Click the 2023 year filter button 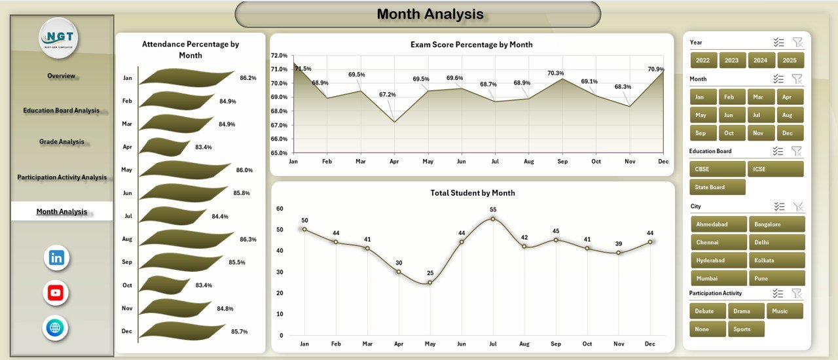point(732,60)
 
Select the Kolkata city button point(776,260)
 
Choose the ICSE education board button point(775,169)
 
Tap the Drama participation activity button point(746,311)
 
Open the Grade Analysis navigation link point(62,142)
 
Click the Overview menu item point(62,76)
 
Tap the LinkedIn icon point(56,258)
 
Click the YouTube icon point(56,293)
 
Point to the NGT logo point(59,38)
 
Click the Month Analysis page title point(430,14)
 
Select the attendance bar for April point(164,147)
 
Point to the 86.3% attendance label point(248,240)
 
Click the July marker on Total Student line point(493,219)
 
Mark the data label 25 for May point(430,272)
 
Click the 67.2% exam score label point(388,94)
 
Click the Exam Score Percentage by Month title point(471,45)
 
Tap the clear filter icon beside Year point(797,42)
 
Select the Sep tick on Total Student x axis point(556,344)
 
